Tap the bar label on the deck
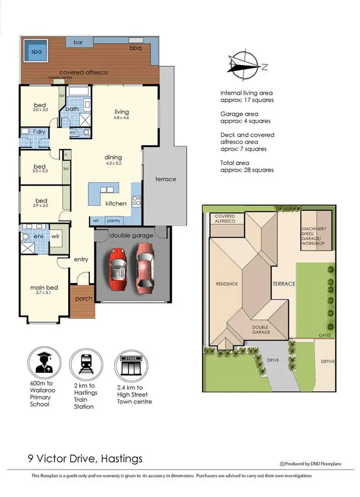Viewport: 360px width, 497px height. coord(78,42)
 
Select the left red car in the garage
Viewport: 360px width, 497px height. coord(118,269)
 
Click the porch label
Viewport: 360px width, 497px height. coord(84,299)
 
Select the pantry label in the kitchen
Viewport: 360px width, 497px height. coord(114,221)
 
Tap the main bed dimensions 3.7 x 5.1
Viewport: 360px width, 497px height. coord(44,292)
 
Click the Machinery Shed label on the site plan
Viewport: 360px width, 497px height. coord(314,236)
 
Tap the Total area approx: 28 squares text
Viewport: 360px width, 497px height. coord(247,167)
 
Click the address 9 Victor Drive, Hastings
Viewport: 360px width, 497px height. coord(85,459)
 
